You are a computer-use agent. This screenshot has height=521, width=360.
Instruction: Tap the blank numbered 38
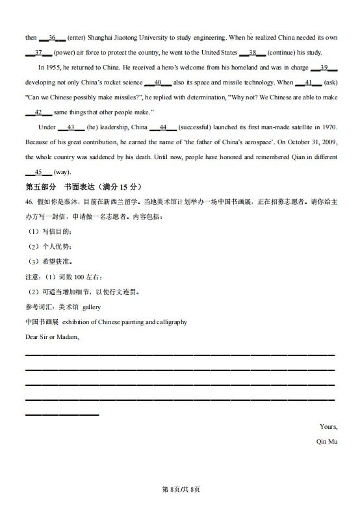click(x=253, y=53)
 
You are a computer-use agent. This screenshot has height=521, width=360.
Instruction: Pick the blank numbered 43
click(x=71, y=127)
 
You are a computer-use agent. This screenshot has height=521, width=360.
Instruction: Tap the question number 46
click(x=29, y=202)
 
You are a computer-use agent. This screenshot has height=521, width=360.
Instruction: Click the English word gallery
click(x=92, y=307)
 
